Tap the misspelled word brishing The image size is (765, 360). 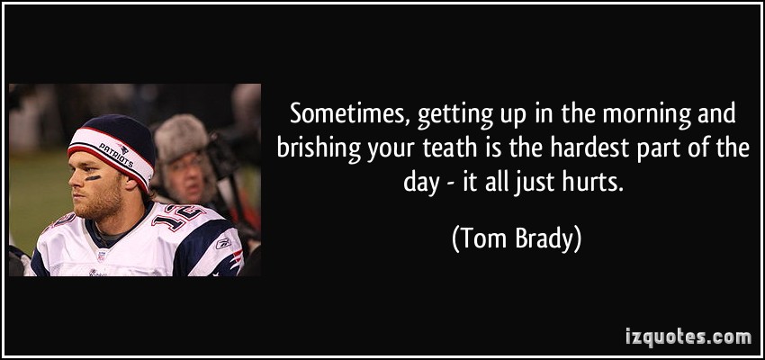[x=319, y=149]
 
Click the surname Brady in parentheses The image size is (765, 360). [x=541, y=241]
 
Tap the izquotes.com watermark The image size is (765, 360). [x=688, y=337]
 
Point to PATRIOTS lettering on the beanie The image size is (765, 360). [x=116, y=155]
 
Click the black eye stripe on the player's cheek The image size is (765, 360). [x=93, y=178]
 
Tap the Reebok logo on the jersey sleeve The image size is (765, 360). [x=224, y=243]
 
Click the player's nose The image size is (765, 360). [x=74, y=182]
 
